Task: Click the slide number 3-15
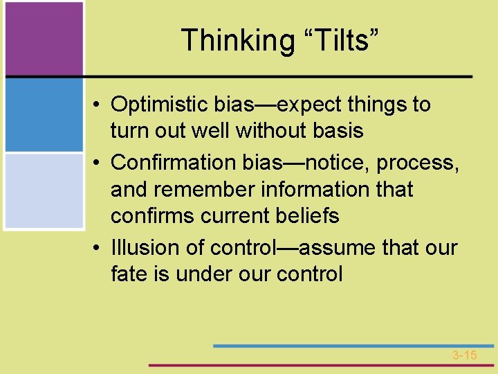pyautogui.click(x=465, y=355)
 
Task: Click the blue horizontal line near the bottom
pyautogui.click(x=353, y=345)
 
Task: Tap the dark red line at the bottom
pyautogui.click(x=322, y=364)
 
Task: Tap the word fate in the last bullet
pyautogui.click(x=127, y=274)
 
